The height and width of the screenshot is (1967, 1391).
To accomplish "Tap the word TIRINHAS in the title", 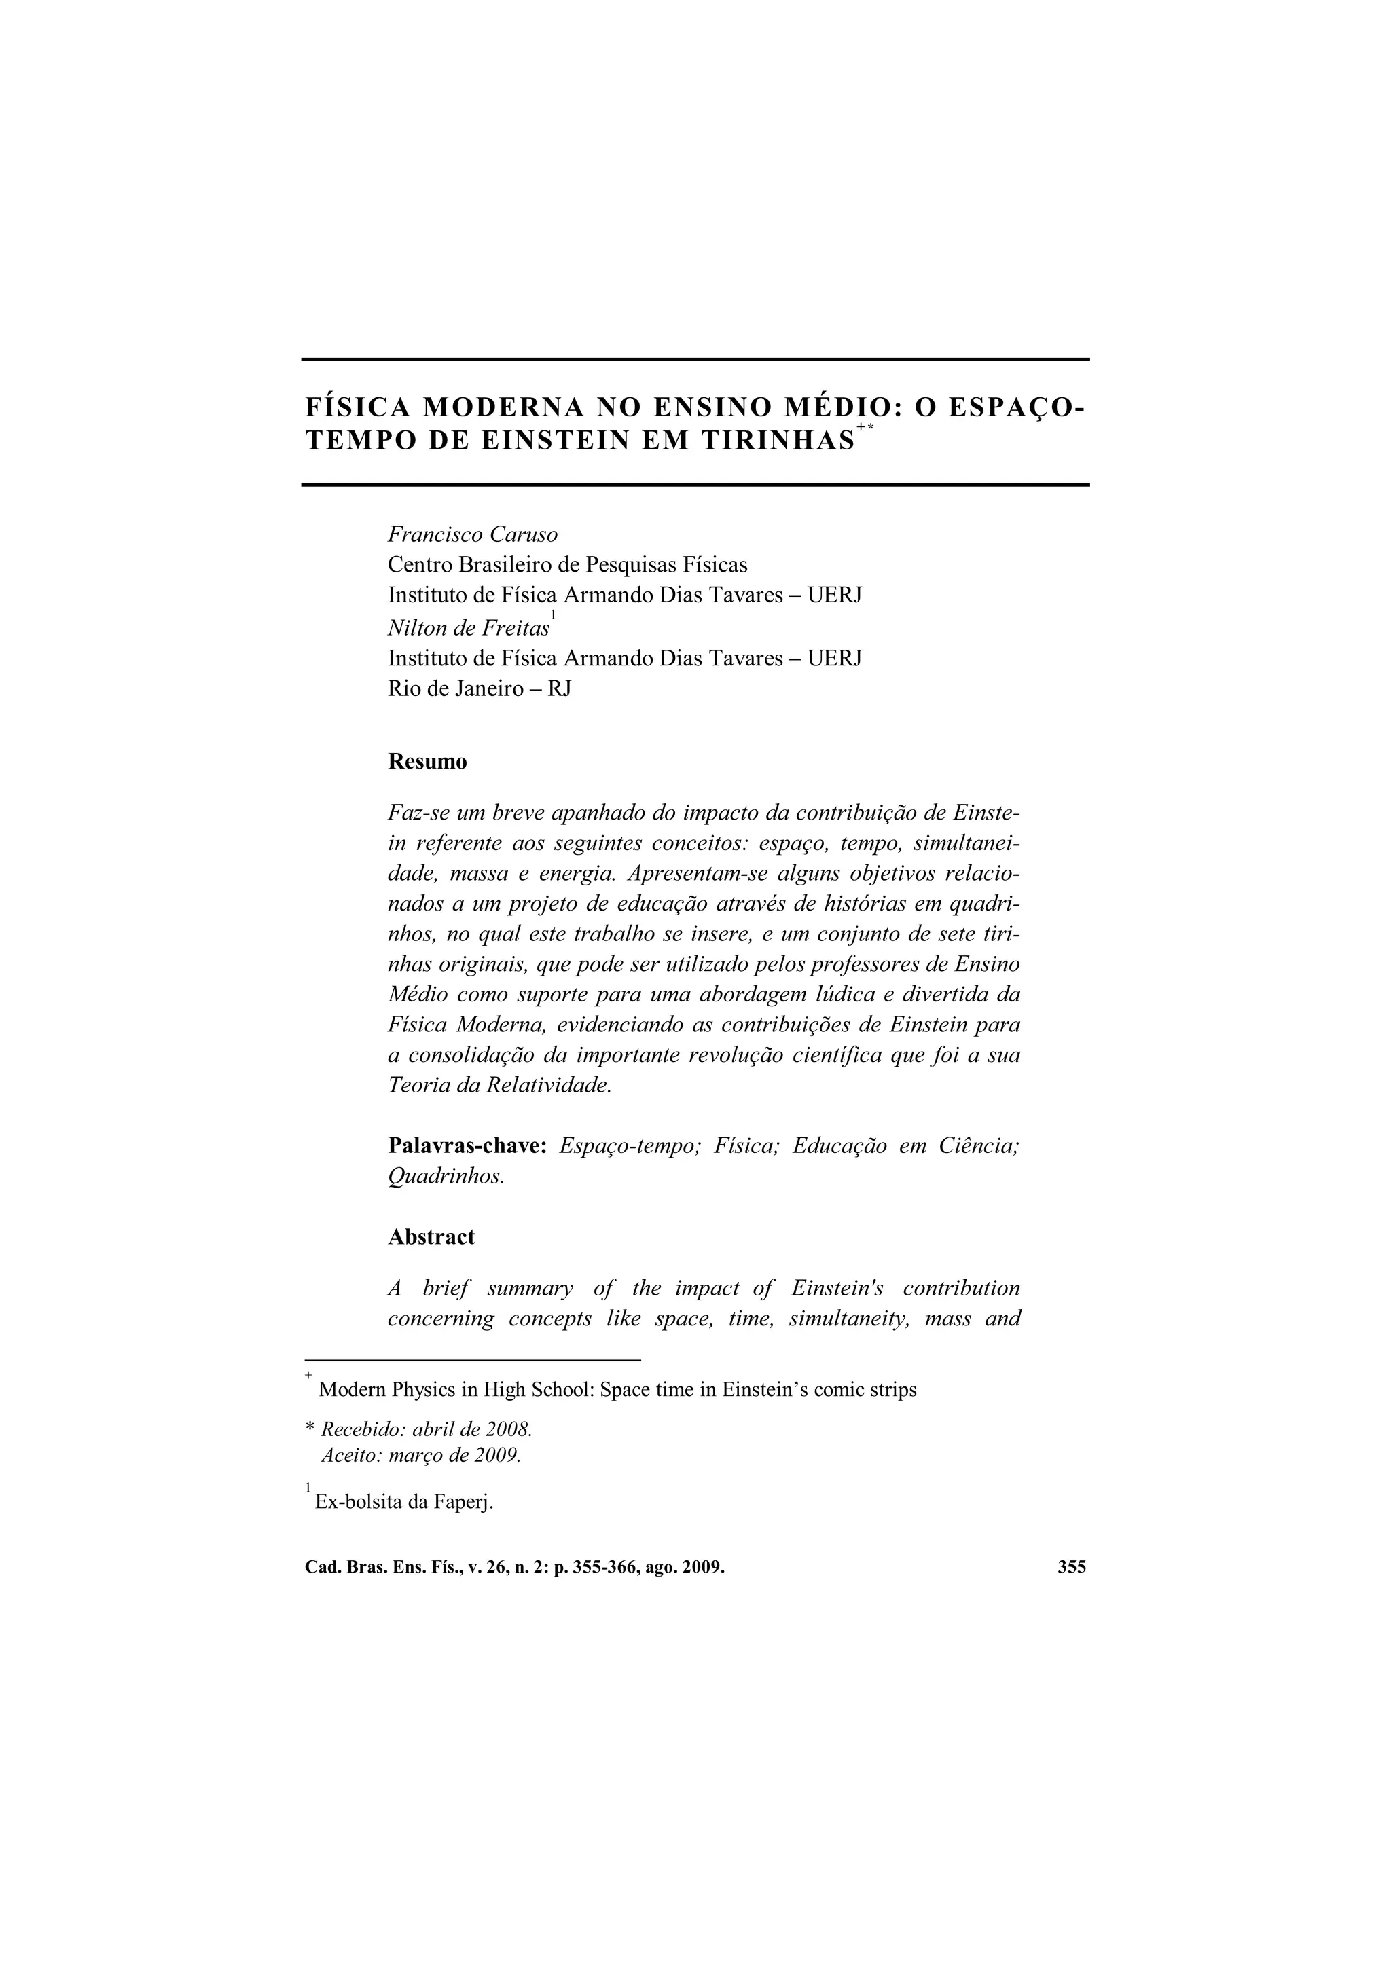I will pos(778,441).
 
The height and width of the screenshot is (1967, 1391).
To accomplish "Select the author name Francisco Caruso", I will pos(472,534).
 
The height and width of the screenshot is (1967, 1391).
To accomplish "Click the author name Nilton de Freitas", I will pos(468,628).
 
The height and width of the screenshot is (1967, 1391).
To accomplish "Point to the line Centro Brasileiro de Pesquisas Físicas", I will pos(567,564).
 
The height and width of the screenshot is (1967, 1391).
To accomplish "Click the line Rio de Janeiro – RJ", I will pos(479,688).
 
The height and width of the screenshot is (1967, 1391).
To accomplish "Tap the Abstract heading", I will pos(431,1237).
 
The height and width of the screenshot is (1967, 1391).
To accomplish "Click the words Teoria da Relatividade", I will pos(500,1086).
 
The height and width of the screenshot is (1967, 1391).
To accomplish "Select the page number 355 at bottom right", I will pos(1071,1567).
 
